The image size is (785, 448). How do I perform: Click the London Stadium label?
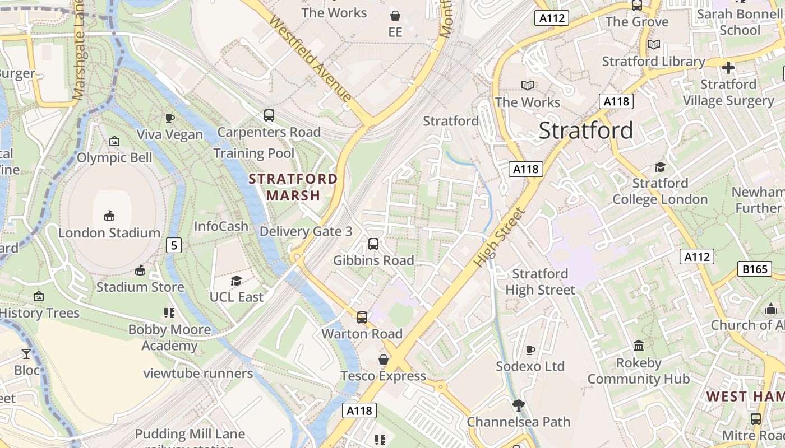click(x=109, y=232)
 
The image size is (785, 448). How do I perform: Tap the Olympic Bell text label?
click(x=114, y=157)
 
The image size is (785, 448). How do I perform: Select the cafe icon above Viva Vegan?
click(x=170, y=118)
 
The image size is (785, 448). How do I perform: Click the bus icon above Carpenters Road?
click(x=269, y=115)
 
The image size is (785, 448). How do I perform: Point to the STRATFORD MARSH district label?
click(x=293, y=187)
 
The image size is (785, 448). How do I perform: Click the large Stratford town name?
click(x=586, y=130)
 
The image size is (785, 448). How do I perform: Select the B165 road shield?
click(x=755, y=269)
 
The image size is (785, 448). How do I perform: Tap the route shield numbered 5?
click(x=174, y=245)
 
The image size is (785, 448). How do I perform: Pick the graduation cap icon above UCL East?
click(x=236, y=281)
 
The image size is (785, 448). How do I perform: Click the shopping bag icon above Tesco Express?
click(x=384, y=359)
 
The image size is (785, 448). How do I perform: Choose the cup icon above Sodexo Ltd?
click(x=530, y=350)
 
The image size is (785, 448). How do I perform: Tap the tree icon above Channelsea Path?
click(x=519, y=405)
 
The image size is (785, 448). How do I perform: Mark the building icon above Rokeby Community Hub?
click(x=638, y=346)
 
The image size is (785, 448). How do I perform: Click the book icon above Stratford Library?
click(x=653, y=44)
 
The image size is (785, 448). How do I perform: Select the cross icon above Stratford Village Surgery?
click(x=728, y=68)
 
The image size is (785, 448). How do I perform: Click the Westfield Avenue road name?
click(x=310, y=58)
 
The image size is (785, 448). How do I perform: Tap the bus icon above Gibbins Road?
click(x=373, y=244)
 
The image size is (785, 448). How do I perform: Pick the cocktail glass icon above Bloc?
click(x=26, y=353)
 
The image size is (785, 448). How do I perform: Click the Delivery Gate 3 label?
click(x=306, y=231)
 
